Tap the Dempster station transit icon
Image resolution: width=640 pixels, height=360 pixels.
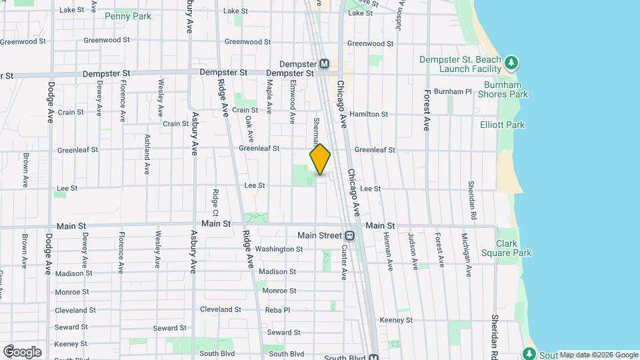point(325,64)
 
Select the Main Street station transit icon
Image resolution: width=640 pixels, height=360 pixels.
point(349,235)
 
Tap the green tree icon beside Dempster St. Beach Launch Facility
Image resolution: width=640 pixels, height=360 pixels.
point(511,63)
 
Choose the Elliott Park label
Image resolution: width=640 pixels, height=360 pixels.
point(502,125)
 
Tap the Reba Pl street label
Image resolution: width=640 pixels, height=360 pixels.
point(277,310)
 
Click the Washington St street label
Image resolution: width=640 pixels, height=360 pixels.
point(279,249)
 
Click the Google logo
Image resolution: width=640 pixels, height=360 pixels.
point(22,352)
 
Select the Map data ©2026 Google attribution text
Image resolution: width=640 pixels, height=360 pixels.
point(599,355)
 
